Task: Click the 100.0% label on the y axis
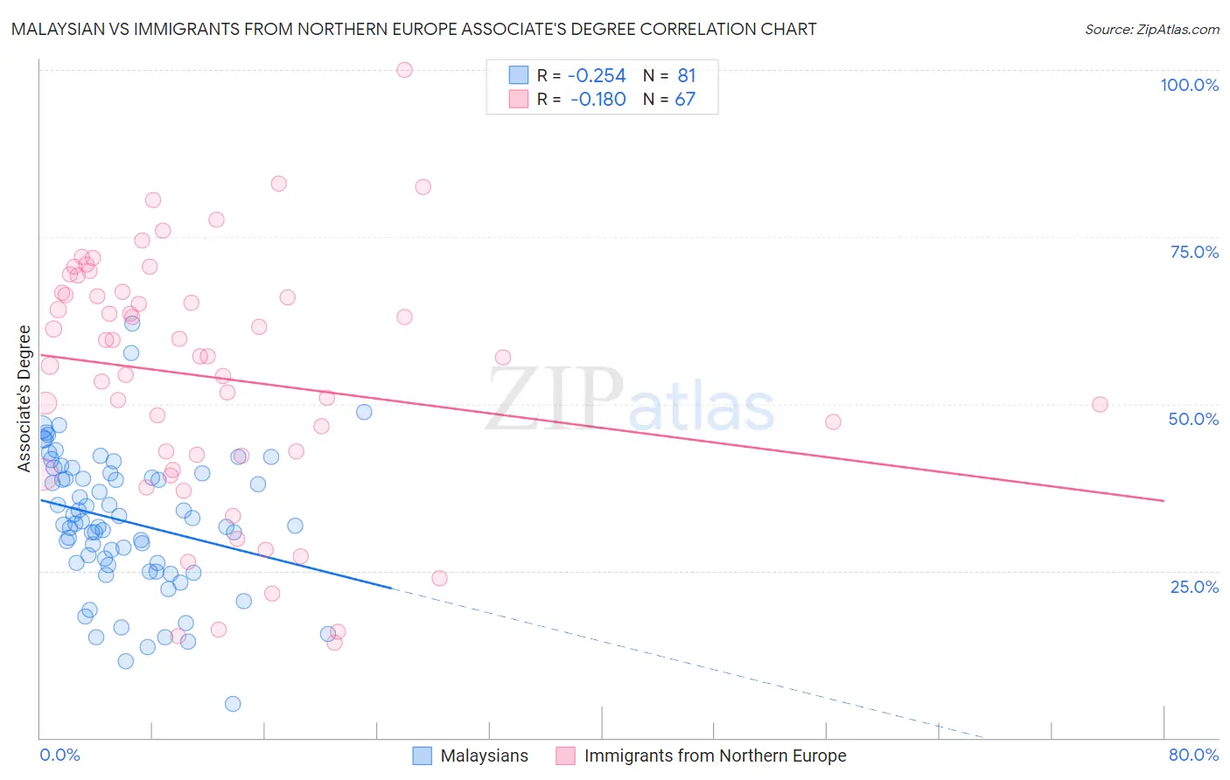1189,85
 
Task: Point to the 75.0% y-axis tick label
1194,252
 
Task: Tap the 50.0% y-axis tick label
1193,419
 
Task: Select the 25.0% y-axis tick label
1194,586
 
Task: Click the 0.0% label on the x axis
59,755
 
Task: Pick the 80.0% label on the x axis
1193,755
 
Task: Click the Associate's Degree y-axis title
24,399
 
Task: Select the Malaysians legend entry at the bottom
484,756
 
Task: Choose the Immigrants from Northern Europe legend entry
715,756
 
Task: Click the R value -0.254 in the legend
598,76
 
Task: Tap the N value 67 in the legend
685,100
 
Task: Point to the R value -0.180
598,100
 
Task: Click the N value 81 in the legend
686,76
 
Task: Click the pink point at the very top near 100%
404,70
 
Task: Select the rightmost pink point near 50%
1100,405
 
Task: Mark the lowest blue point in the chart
233,704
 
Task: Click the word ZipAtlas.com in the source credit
1177,30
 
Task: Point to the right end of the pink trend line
1164,500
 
